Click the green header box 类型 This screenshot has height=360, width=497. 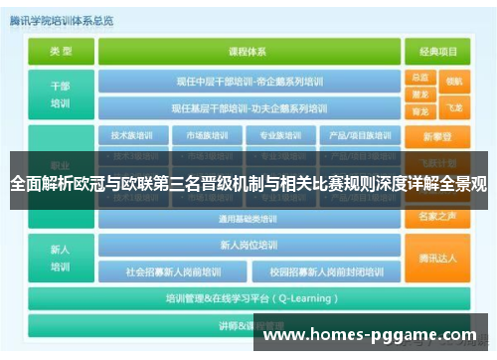pos(61,50)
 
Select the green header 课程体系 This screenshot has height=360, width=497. pos(249,50)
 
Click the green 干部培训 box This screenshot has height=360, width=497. pos(61,93)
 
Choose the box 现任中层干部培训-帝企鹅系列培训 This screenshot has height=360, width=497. pos(249,82)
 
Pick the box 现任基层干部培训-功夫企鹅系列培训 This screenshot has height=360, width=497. pos(249,107)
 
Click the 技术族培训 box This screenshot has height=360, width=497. pos(131,135)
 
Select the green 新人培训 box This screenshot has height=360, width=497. pos(61,257)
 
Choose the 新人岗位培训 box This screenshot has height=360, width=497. pos(249,245)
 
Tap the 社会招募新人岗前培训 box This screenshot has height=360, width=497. pos(177,270)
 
